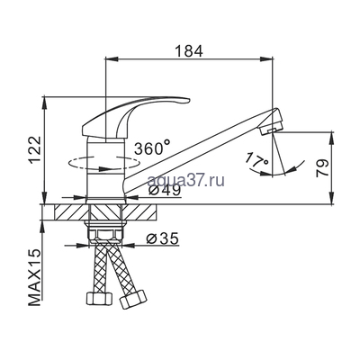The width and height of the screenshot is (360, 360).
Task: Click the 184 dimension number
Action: click(x=189, y=51)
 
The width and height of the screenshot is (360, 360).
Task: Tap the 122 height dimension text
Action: click(x=35, y=150)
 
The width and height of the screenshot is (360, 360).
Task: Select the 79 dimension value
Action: click(x=323, y=168)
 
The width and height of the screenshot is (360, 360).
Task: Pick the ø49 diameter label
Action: click(x=165, y=190)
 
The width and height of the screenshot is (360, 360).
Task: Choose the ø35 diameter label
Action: click(x=162, y=238)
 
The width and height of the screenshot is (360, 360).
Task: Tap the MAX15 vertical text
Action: click(x=35, y=276)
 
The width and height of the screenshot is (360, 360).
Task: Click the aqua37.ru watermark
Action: click(x=186, y=180)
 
